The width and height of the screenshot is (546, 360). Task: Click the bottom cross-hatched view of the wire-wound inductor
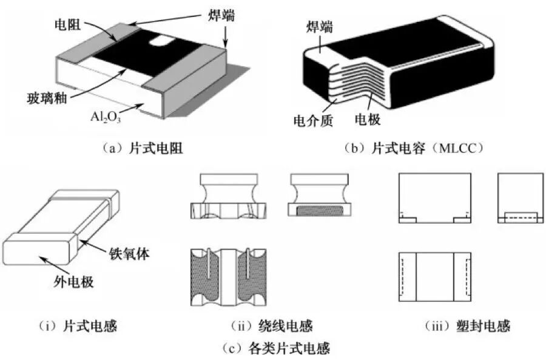click(x=228, y=277)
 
